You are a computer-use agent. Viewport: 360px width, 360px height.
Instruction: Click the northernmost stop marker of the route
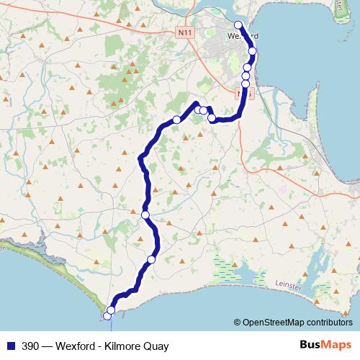(238, 25)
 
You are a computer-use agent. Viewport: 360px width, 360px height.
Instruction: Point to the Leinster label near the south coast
(291, 286)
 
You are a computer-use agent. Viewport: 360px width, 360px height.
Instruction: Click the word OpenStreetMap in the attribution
(279, 322)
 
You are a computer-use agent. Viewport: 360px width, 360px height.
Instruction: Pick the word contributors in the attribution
(332, 322)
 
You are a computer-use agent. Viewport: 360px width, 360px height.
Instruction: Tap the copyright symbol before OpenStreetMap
(238, 322)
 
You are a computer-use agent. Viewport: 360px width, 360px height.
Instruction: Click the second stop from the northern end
(253, 50)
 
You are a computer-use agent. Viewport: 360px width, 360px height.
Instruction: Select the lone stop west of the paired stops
(176, 120)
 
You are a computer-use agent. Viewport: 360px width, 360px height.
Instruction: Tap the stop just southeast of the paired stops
(212, 117)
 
